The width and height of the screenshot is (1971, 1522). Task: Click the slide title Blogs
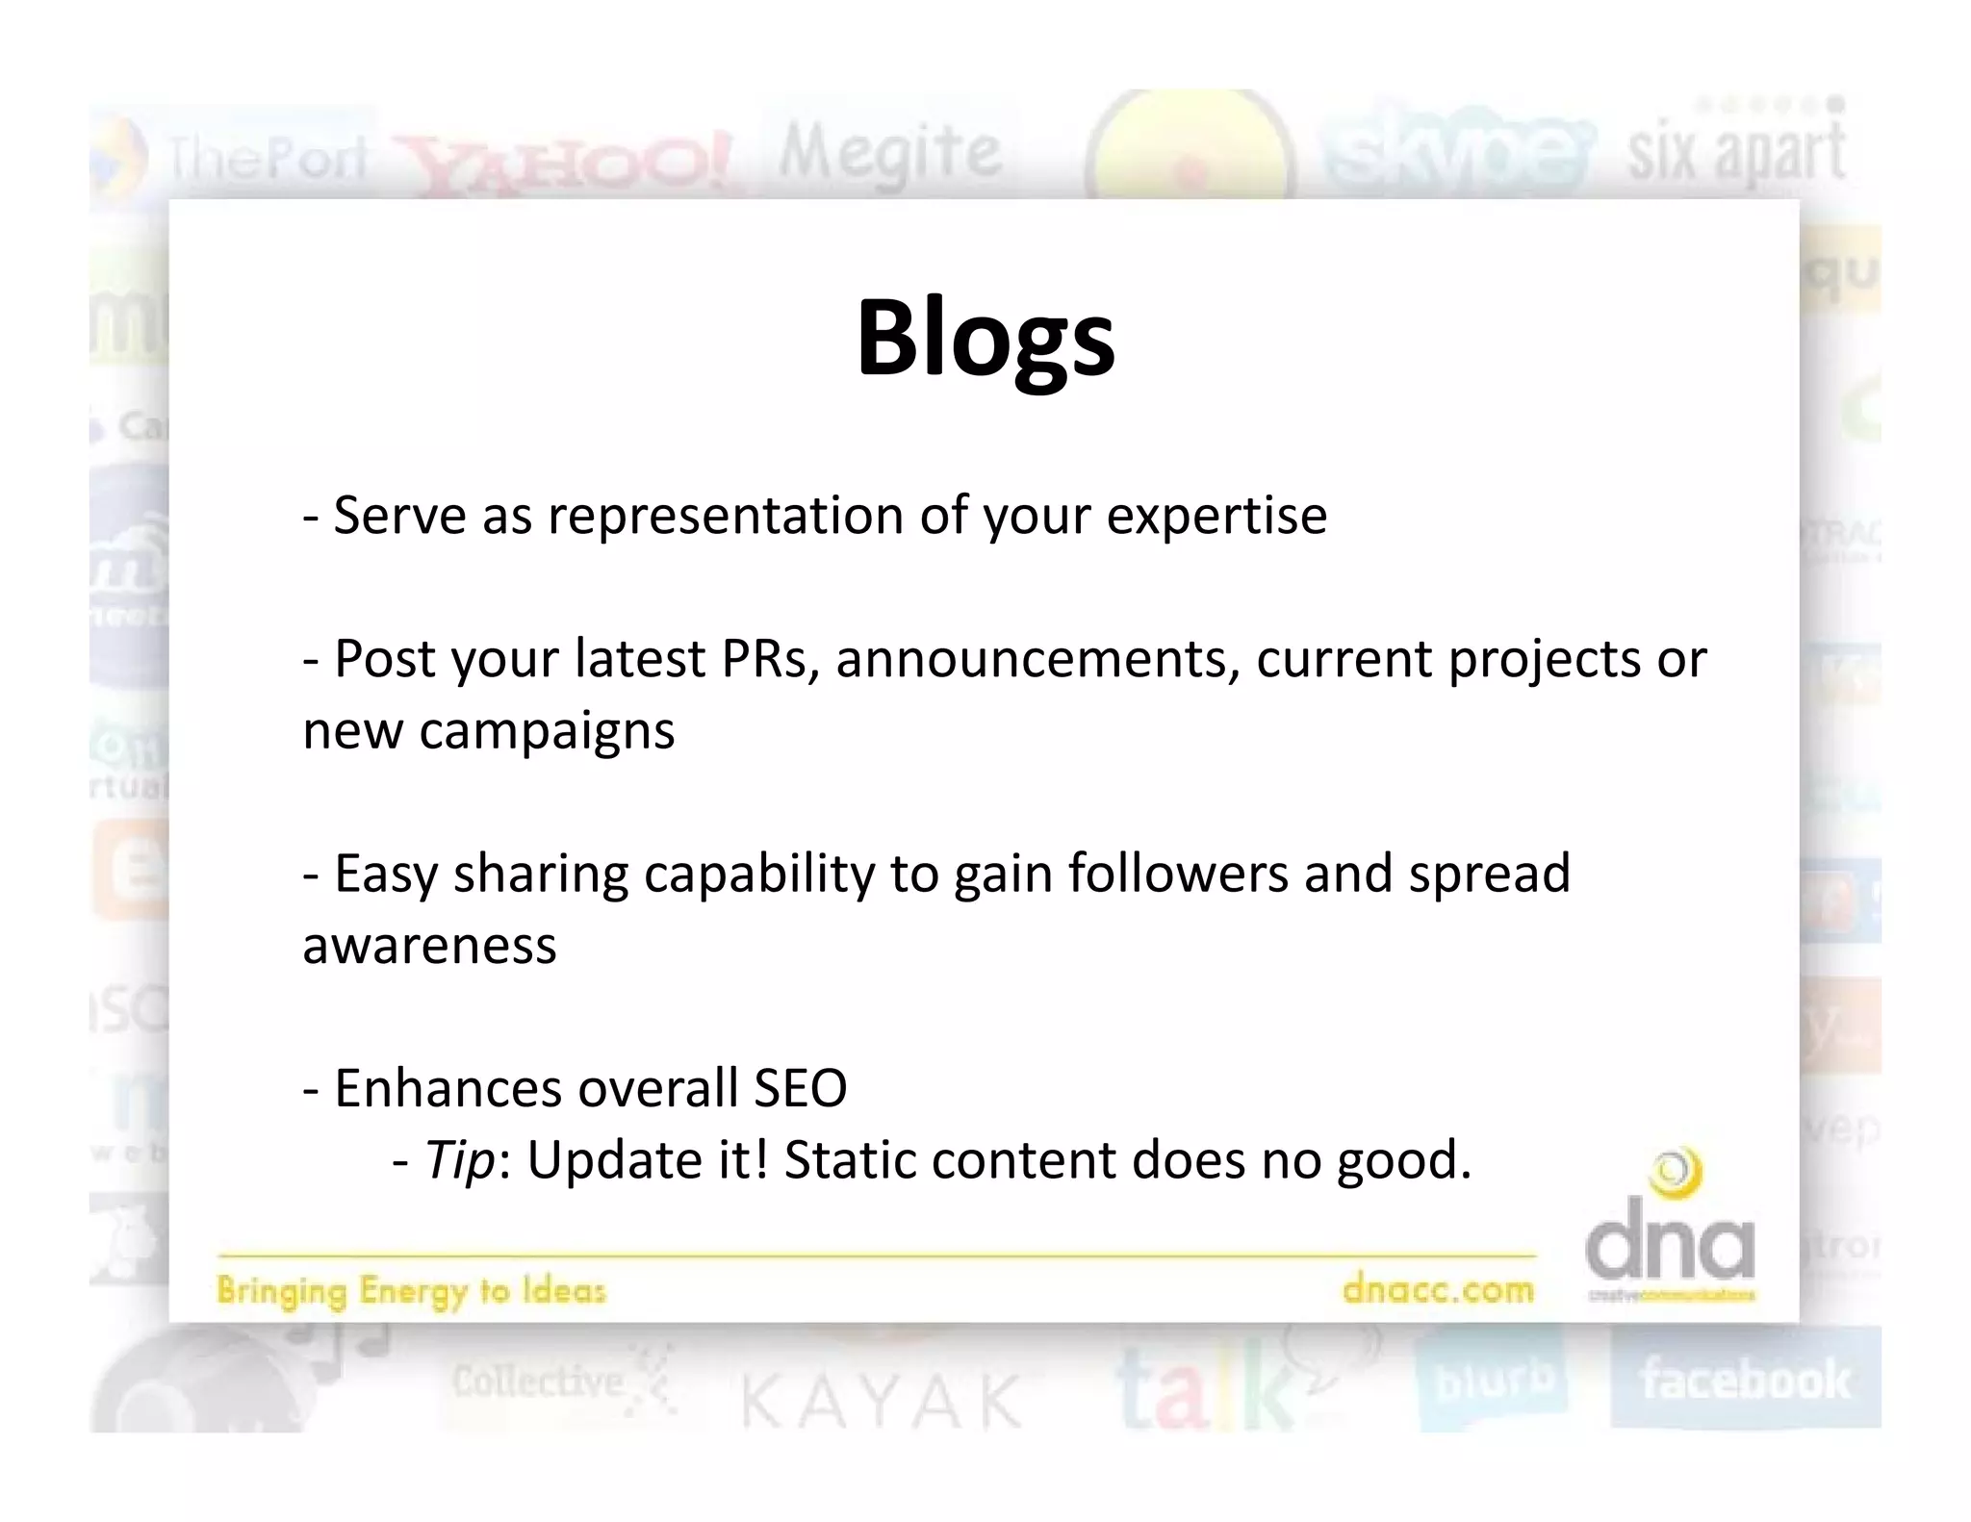tap(985, 339)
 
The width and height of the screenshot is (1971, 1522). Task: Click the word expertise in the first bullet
tap(1216, 517)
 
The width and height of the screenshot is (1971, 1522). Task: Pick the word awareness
tap(429, 945)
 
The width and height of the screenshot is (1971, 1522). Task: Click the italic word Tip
tap(460, 1160)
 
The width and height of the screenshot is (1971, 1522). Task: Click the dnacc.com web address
tap(1438, 1289)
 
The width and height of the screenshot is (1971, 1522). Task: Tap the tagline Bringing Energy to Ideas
tap(411, 1291)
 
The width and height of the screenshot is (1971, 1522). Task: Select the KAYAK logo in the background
tap(881, 1401)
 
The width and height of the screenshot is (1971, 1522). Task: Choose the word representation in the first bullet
tap(725, 517)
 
